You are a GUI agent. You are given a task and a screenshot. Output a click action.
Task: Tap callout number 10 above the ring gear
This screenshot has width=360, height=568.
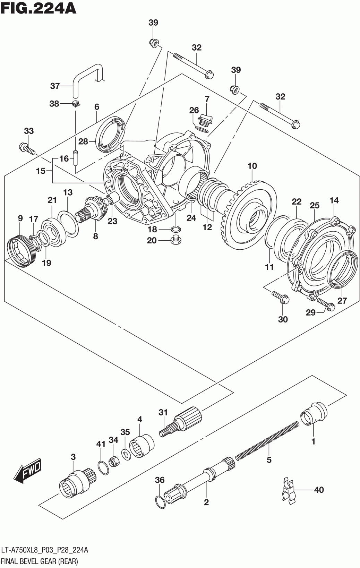click(x=252, y=166)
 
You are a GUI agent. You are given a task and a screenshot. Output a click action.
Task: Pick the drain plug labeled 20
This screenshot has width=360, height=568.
click(x=176, y=240)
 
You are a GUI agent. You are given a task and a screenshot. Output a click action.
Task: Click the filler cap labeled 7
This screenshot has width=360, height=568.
click(x=206, y=120)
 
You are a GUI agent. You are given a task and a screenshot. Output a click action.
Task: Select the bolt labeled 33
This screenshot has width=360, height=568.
click(x=27, y=149)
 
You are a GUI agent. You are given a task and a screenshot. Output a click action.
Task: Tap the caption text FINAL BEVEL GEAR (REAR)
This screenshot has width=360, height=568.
click(x=40, y=561)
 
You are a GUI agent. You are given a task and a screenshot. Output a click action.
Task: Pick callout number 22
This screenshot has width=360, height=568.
click(x=297, y=201)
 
